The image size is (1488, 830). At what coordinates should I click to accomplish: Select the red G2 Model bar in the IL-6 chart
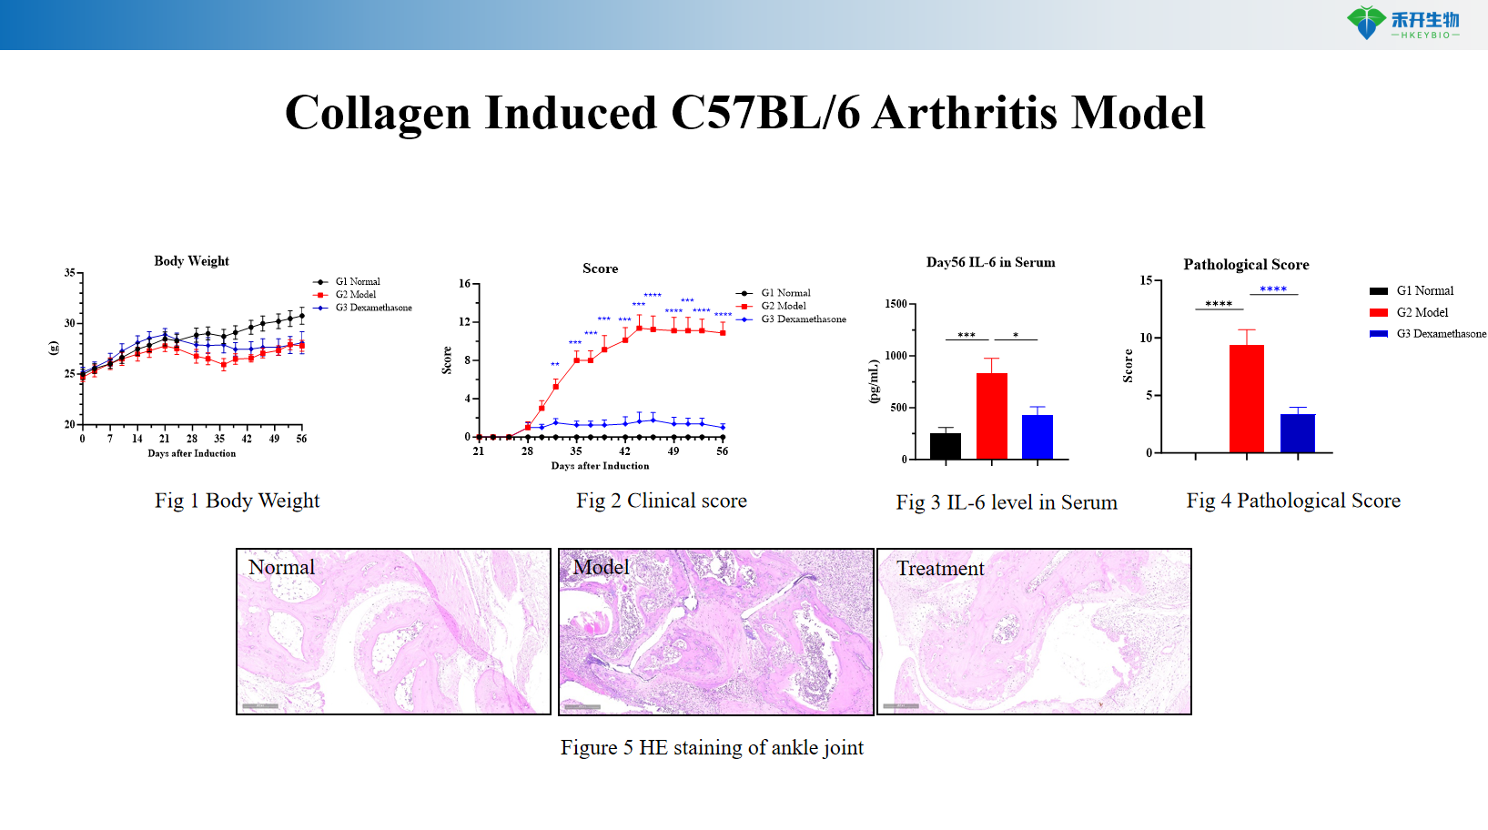tap(991, 415)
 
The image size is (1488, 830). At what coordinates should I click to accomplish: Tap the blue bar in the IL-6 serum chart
tap(1037, 436)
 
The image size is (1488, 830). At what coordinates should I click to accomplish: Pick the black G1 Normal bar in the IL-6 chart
tap(946, 445)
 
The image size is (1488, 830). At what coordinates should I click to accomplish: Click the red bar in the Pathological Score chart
tap(1246, 398)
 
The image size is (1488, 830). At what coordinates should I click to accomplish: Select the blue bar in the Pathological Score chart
tap(1297, 432)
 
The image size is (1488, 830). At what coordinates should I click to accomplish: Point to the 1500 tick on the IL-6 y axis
tap(896, 304)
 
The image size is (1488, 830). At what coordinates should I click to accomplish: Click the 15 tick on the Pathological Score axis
tap(1146, 280)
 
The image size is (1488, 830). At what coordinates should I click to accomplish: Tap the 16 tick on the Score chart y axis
tap(464, 284)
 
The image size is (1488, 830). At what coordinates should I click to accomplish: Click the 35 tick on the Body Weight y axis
tap(70, 273)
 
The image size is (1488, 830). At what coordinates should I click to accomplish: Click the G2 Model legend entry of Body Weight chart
tap(355, 295)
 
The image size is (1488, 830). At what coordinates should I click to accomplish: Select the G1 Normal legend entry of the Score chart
tap(784, 293)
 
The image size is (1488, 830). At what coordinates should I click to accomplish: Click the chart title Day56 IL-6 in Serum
tap(990, 262)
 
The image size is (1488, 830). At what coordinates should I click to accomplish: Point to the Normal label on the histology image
tap(281, 567)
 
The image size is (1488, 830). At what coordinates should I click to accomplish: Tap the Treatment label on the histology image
tap(940, 569)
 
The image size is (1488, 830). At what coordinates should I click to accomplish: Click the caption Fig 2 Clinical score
tap(661, 501)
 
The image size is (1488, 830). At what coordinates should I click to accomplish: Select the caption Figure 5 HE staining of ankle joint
tap(712, 747)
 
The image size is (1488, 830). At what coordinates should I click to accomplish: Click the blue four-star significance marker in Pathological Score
tap(1273, 289)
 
